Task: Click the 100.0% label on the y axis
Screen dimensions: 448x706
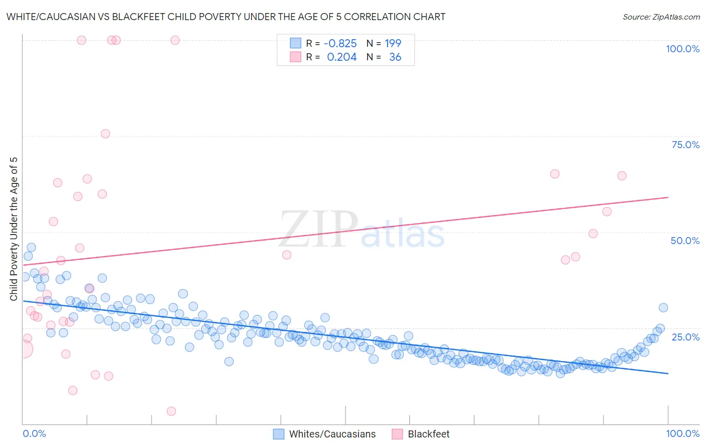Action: pos(682,49)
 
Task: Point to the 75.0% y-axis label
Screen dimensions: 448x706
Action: pos(685,145)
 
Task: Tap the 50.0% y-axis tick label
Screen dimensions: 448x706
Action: pos(685,241)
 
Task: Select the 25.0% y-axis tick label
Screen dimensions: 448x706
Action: pos(685,337)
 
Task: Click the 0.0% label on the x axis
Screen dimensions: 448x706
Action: pos(34,433)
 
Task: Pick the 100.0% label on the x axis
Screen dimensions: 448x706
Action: pos(682,433)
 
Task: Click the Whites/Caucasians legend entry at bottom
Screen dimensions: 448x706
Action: pos(332,434)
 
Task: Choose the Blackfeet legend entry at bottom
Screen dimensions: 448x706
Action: pos(428,434)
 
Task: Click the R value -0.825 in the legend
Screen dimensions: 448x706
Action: pos(340,44)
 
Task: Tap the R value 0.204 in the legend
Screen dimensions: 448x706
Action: pos(341,57)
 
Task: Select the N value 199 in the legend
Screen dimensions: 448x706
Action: pos(393,44)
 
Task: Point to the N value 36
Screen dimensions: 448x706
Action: pos(395,57)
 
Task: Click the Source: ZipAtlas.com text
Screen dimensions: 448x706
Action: pos(661,17)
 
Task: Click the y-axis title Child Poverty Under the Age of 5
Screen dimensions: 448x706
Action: pos(14,229)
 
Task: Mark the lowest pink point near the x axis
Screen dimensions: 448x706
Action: pos(171,411)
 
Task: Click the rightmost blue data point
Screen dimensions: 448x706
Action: pos(663,308)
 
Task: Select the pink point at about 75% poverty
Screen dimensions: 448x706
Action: pos(105,134)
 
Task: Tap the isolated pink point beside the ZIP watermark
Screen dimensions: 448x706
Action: pos(287,255)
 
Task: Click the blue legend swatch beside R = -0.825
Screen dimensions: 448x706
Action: pos(295,43)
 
